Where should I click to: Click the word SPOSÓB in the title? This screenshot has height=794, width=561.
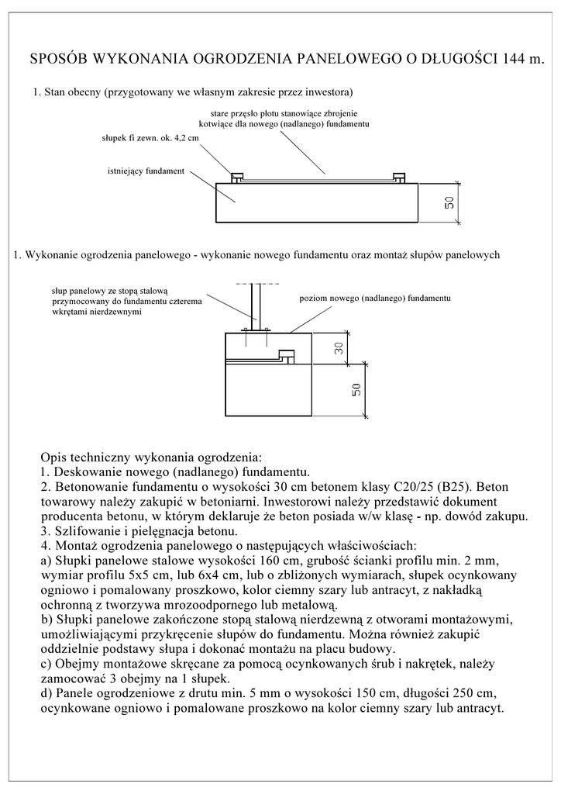pyautogui.click(x=57, y=59)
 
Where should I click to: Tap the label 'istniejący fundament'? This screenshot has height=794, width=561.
pyautogui.click(x=146, y=171)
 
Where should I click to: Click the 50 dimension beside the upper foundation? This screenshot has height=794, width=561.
pyautogui.click(x=449, y=204)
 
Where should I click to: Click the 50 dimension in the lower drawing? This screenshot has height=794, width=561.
pyautogui.click(x=356, y=390)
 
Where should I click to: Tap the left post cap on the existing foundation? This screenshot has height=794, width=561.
pyautogui.click(x=238, y=178)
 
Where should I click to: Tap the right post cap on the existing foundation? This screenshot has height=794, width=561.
pyautogui.click(x=399, y=178)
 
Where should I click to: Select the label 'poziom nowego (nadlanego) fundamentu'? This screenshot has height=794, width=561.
pyautogui.click(x=374, y=298)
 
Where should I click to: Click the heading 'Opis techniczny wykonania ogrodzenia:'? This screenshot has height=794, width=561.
pyautogui.click(x=151, y=456)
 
